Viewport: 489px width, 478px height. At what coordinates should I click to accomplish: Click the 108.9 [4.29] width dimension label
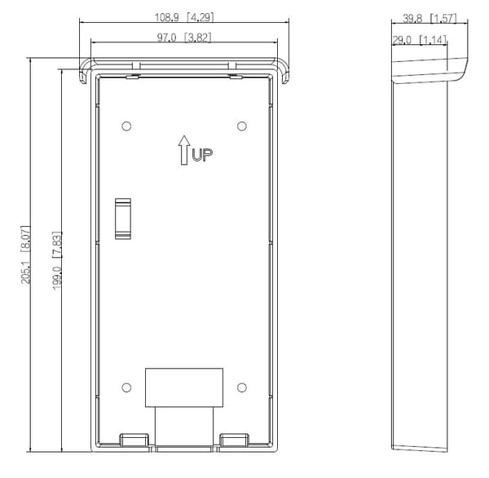tap(184, 17)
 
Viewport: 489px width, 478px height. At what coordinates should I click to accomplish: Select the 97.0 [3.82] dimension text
tap(184, 38)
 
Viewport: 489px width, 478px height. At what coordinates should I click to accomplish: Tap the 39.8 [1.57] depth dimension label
tap(430, 19)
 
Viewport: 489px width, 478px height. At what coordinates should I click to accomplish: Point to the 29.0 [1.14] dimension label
tap(420, 40)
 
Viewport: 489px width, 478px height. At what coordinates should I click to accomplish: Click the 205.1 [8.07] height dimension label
tap(26, 254)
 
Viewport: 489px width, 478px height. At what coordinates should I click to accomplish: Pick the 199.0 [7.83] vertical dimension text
tap(57, 261)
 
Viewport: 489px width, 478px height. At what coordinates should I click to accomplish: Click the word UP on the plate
tap(202, 155)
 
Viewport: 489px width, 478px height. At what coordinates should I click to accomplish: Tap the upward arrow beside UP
tap(184, 150)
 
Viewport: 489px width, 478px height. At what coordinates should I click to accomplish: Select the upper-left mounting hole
tap(126, 126)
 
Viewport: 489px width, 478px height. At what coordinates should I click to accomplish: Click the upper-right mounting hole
tap(242, 126)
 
